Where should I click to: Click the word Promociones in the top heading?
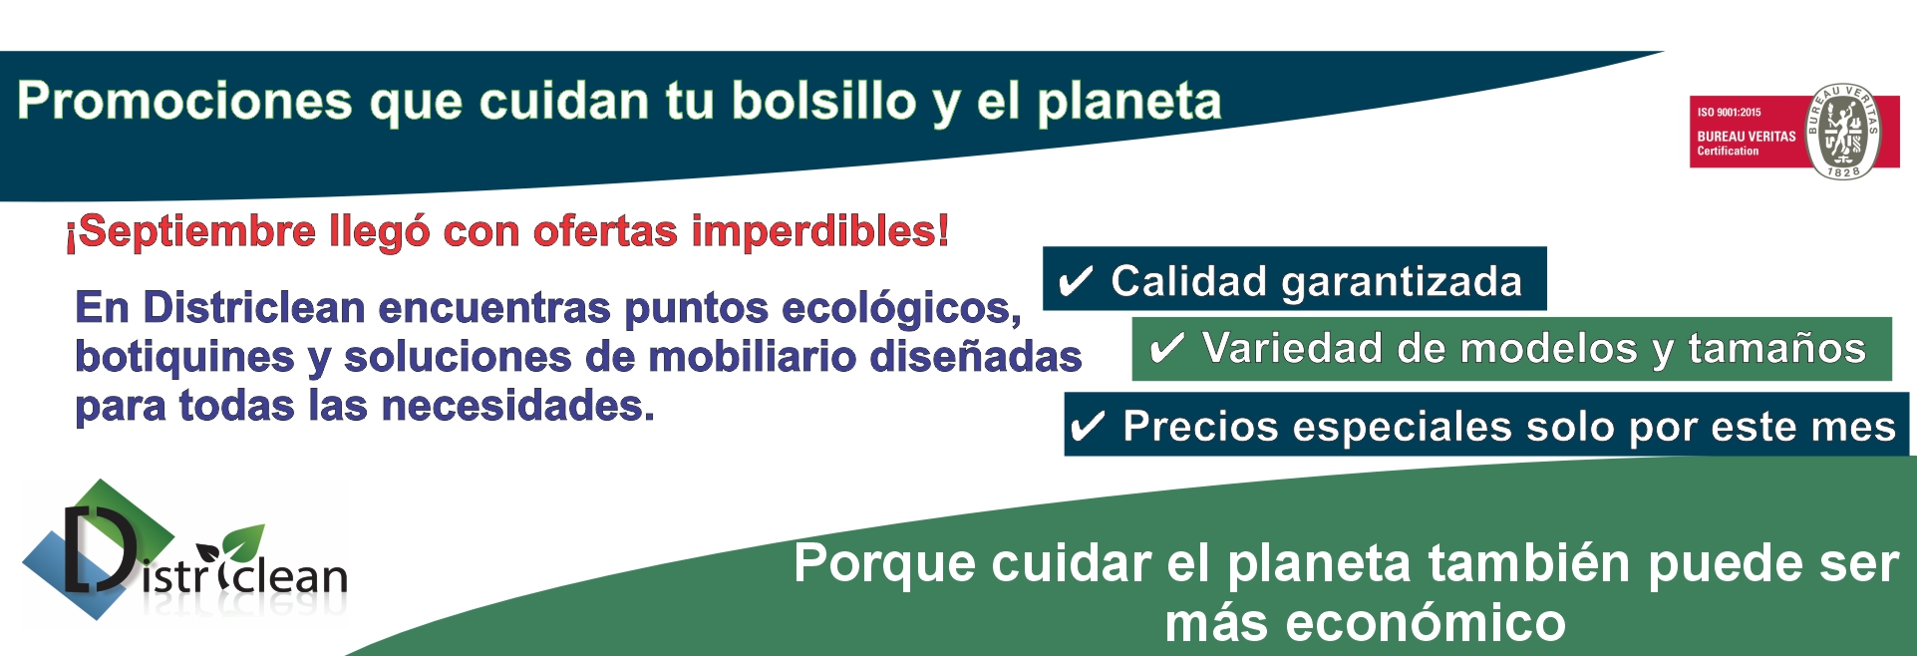pyautogui.click(x=184, y=101)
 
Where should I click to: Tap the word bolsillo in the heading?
pyautogui.click(x=823, y=101)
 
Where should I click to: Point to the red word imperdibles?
pyautogui.click(x=820, y=231)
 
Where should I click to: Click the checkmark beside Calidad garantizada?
pyautogui.click(x=1076, y=281)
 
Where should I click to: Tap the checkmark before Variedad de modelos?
pyautogui.click(x=1166, y=349)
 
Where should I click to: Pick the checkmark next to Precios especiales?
pyautogui.click(x=1087, y=427)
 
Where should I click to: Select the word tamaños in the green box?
pyautogui.click(x=1776, y=349)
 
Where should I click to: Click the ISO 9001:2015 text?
pyautogui.click(x=1730, y=113)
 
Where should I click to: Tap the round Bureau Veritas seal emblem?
pyautogui.click(x=1844, y=132)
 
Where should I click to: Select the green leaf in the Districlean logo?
pyautogui.click(x=242, y=544)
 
